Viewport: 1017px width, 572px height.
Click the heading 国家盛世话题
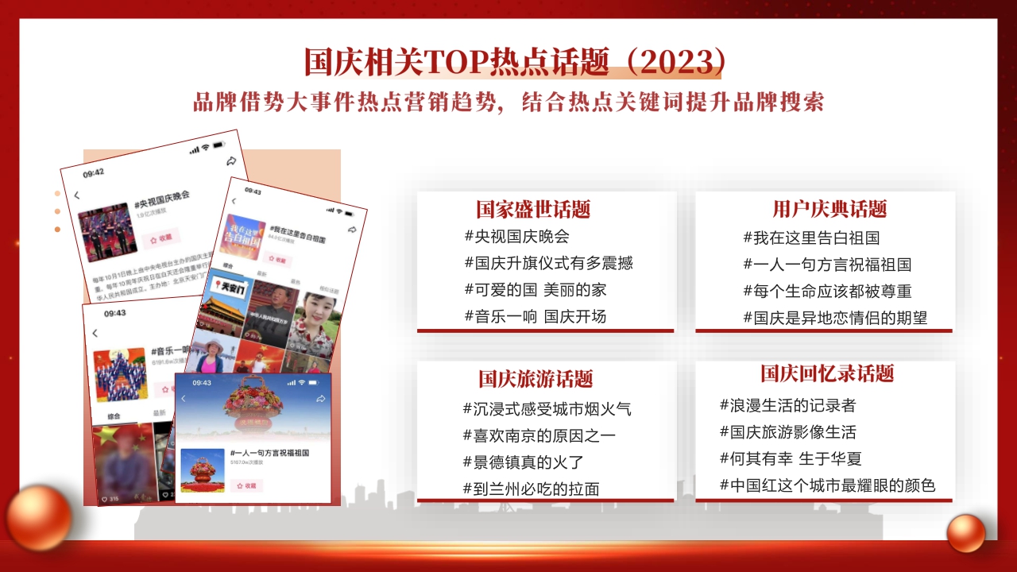(x=533, y=210)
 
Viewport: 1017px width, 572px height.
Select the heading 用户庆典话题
(x=829, y=210)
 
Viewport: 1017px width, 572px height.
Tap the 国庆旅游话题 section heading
(x=536, y=379)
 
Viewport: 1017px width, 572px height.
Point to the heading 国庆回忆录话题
(x=827, y=373)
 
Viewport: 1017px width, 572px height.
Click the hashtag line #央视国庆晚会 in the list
(x=516, y=237)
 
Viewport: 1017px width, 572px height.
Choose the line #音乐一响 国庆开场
(x=536, y=316)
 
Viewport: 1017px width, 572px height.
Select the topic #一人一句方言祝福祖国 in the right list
(x=827, y=265)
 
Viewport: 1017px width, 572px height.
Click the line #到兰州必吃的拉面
(x=531, y=489)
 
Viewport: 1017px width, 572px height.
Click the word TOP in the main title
(x=451, y=62)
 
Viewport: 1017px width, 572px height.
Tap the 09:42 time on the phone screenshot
(x=94, y=172)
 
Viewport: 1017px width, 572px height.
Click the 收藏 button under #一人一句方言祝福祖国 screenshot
(x=246, y=485)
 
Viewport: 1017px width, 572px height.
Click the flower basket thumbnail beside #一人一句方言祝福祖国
(x=202, y=470)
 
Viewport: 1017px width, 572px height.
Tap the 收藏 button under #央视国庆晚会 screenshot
(x=161, y=238)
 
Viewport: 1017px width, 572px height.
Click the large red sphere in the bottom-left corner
(x=38, y=517)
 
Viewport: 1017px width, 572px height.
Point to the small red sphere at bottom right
(x=966, y=533)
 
